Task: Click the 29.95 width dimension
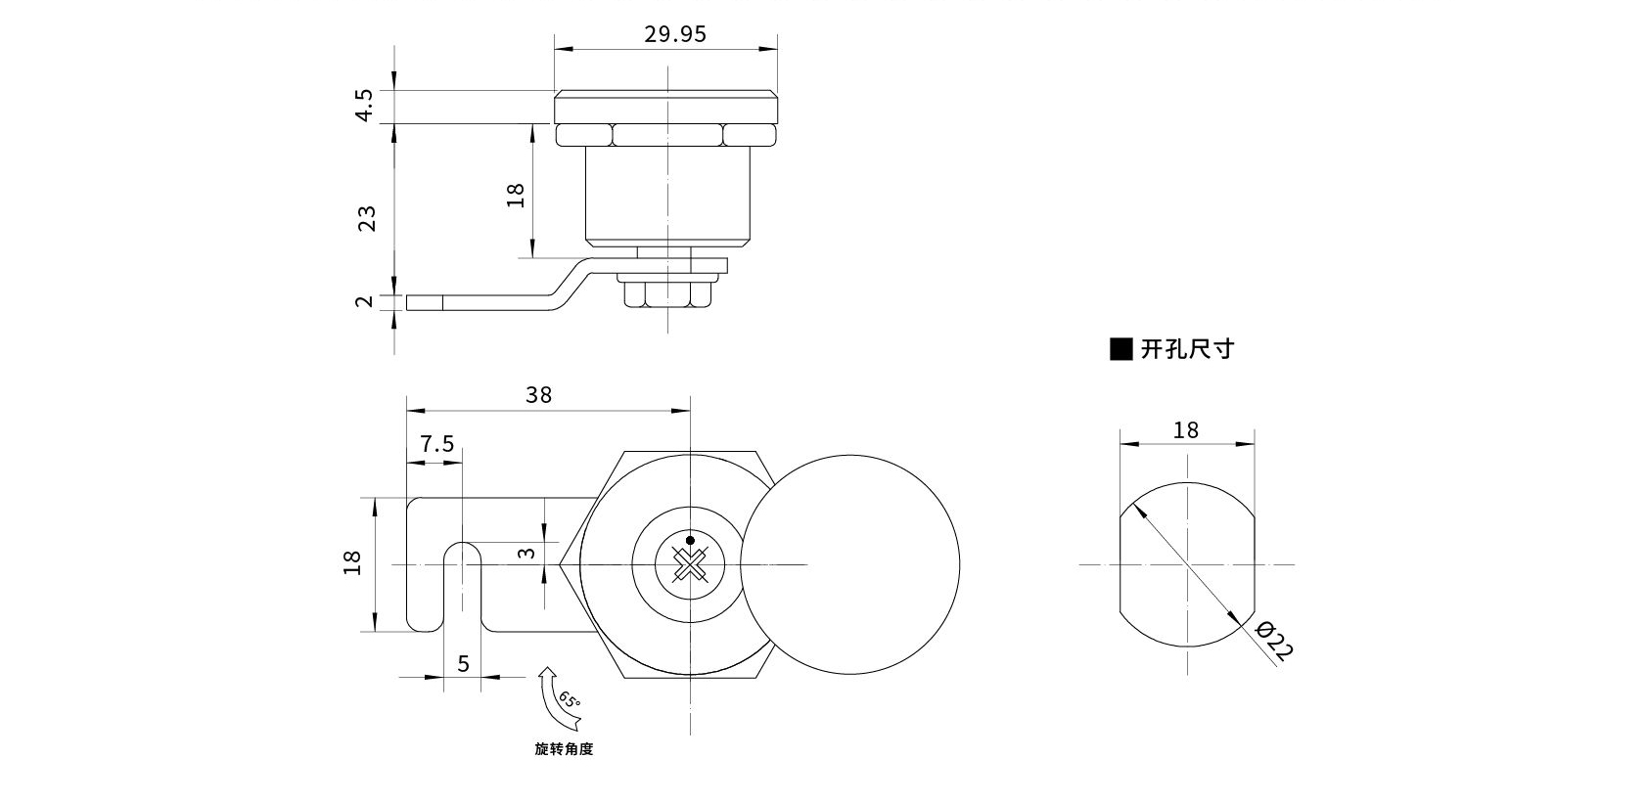click(674, 34)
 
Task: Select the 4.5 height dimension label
click(364, 105)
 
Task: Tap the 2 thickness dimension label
click(365, 301)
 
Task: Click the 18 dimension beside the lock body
click(517, 195)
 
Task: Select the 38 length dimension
click(538, 395)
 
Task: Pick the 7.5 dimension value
click(436, 444)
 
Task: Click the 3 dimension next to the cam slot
click(526, 554)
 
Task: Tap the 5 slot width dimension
click(463, 664)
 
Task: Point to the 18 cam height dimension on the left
click(353, 562)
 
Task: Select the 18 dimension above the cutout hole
click(1185, 430)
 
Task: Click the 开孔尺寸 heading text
click(1187, 349)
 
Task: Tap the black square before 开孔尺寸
click(1120, 349)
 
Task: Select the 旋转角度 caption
click(564, 749)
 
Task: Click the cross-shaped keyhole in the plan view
click(690, 566)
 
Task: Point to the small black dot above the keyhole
click(690, 540)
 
